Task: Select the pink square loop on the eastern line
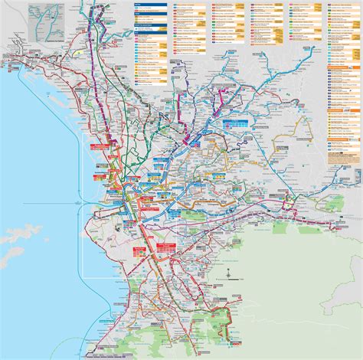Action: click(289, 200)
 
